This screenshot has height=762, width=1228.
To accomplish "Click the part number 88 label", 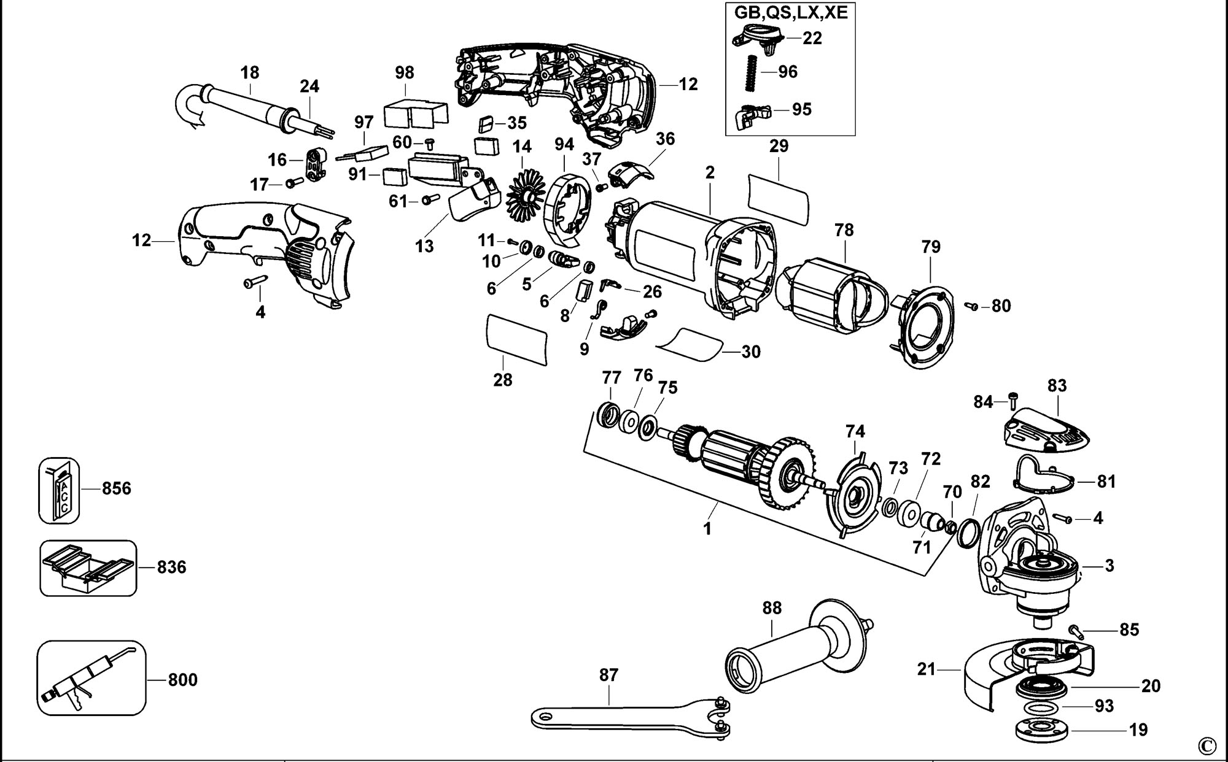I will tap(772, 607).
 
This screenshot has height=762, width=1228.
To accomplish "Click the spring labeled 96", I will tap(750, 71).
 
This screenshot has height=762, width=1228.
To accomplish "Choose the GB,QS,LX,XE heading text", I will tap(791, 12).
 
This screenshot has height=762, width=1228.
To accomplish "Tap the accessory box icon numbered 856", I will tap(60, 490).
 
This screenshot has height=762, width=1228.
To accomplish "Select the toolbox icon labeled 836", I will tap(88, 568).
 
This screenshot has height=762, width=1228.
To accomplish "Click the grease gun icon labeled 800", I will tap(91, 678).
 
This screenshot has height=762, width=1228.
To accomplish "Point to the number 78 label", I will tap(844, 230).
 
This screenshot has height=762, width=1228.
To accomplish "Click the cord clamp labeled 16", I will tap(315, 164).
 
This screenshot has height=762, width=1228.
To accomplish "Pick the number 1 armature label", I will tap(707, 528).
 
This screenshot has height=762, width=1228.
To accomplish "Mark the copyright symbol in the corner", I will tap(1207, 745).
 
